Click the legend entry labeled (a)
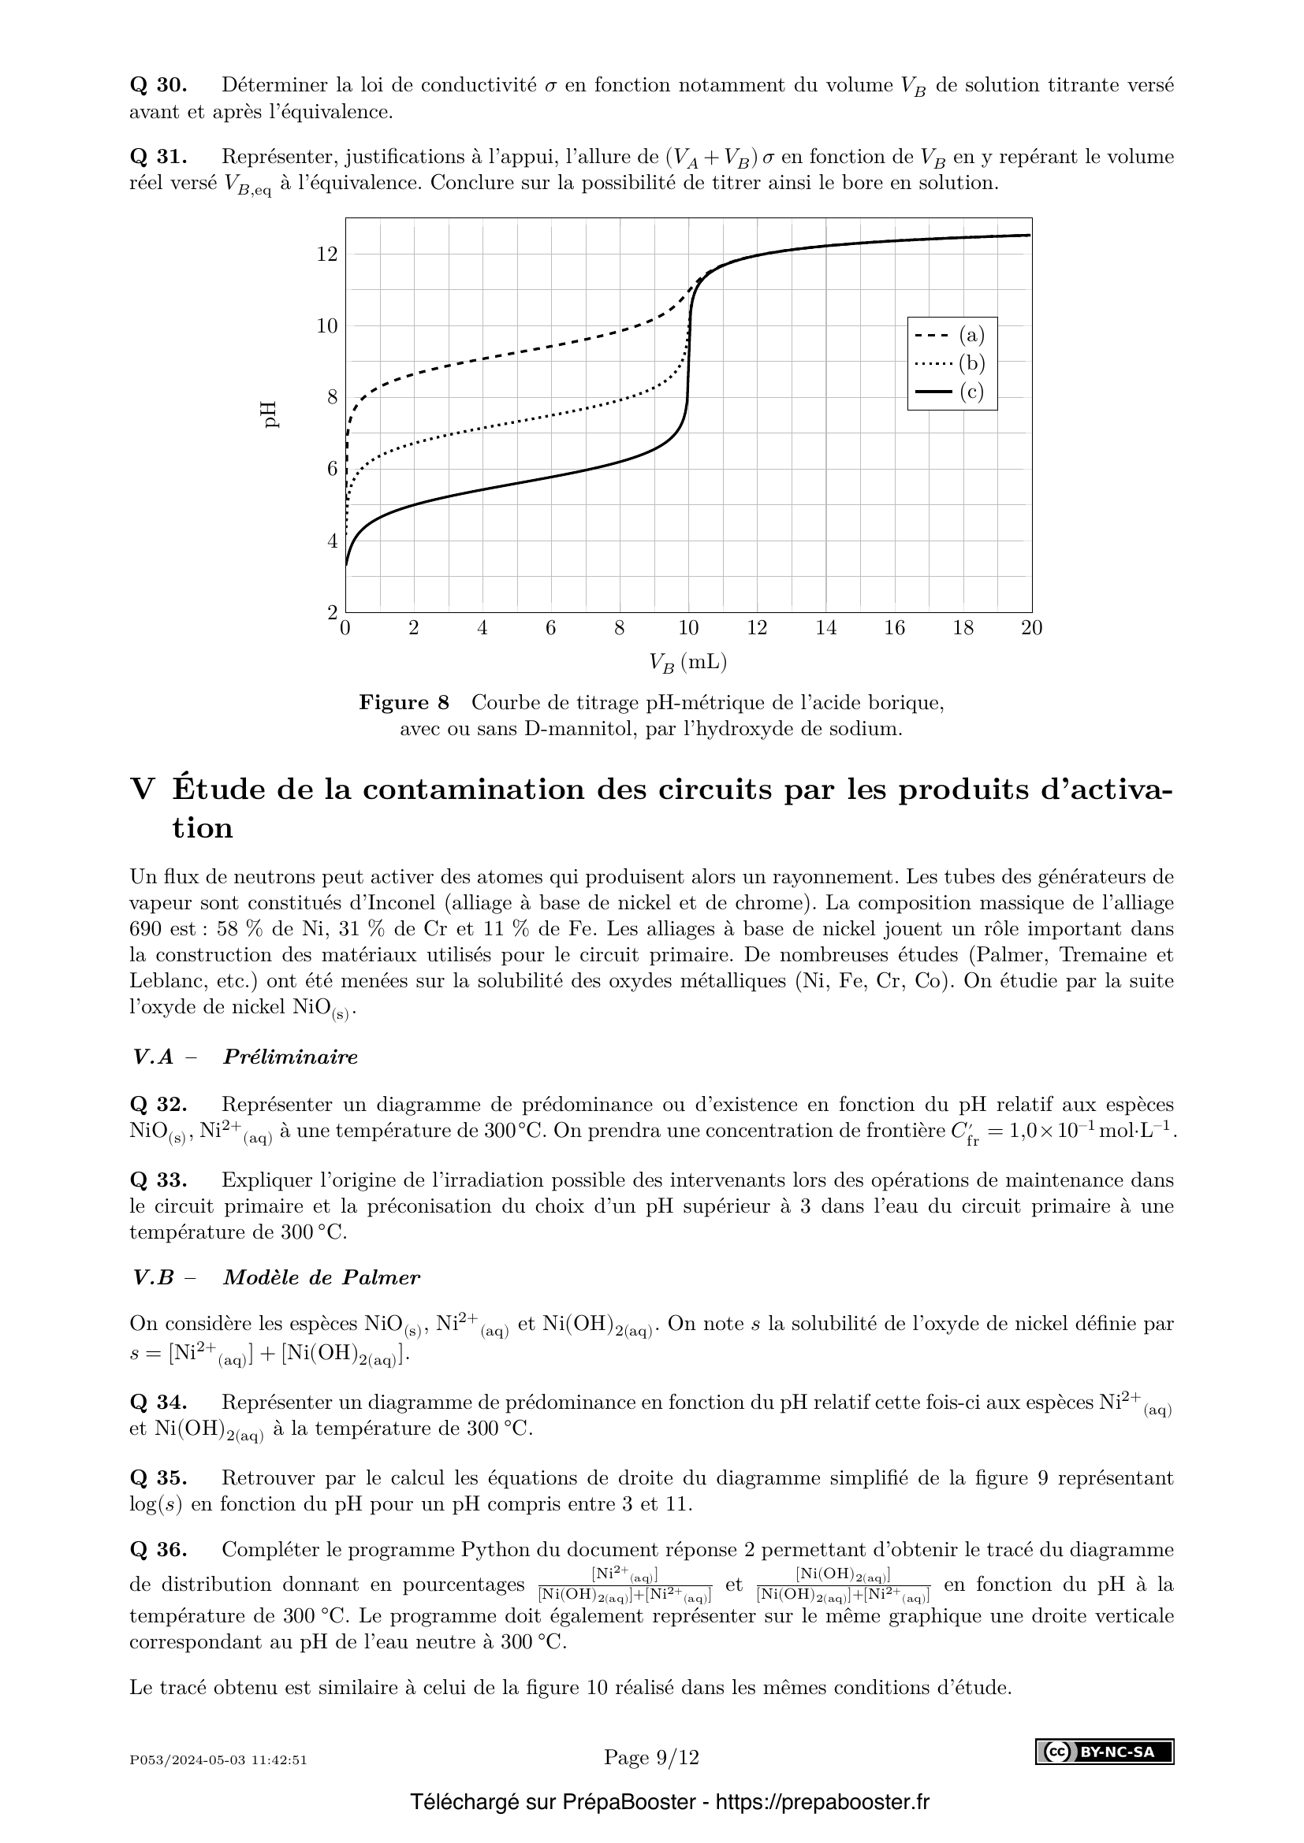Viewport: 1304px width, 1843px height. (952, 335)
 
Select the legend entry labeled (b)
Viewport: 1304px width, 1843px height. (952, 363)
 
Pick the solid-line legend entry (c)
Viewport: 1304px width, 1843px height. (952, 392)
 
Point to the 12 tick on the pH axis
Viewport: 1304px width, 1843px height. (327, 255)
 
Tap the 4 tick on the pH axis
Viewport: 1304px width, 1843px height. (332, 541)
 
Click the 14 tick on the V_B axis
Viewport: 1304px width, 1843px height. (826, 628)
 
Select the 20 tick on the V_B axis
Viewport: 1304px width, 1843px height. (1032, 628)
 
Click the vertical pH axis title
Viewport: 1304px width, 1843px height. (270, 415)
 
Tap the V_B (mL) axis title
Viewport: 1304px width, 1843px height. (688, 663)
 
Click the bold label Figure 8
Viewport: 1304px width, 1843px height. (404, 703)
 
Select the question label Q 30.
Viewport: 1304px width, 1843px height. (158, 85)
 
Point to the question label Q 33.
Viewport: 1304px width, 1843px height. (158, 1180)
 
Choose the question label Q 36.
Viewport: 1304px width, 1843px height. (158, 1549)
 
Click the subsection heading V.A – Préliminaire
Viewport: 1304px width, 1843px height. (246, 1057)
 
